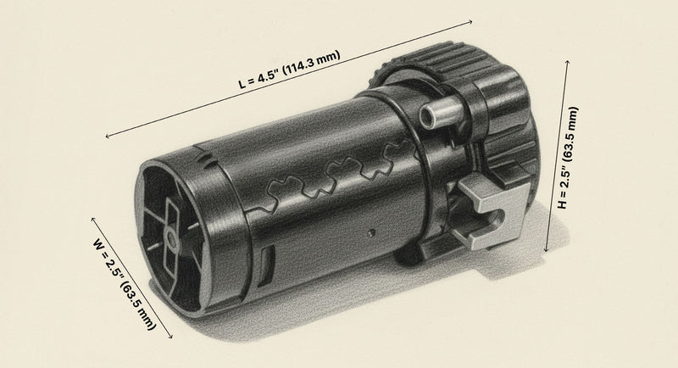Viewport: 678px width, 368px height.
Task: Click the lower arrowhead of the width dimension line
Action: point(172,337)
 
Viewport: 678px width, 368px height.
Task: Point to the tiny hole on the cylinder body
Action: point(370,231)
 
